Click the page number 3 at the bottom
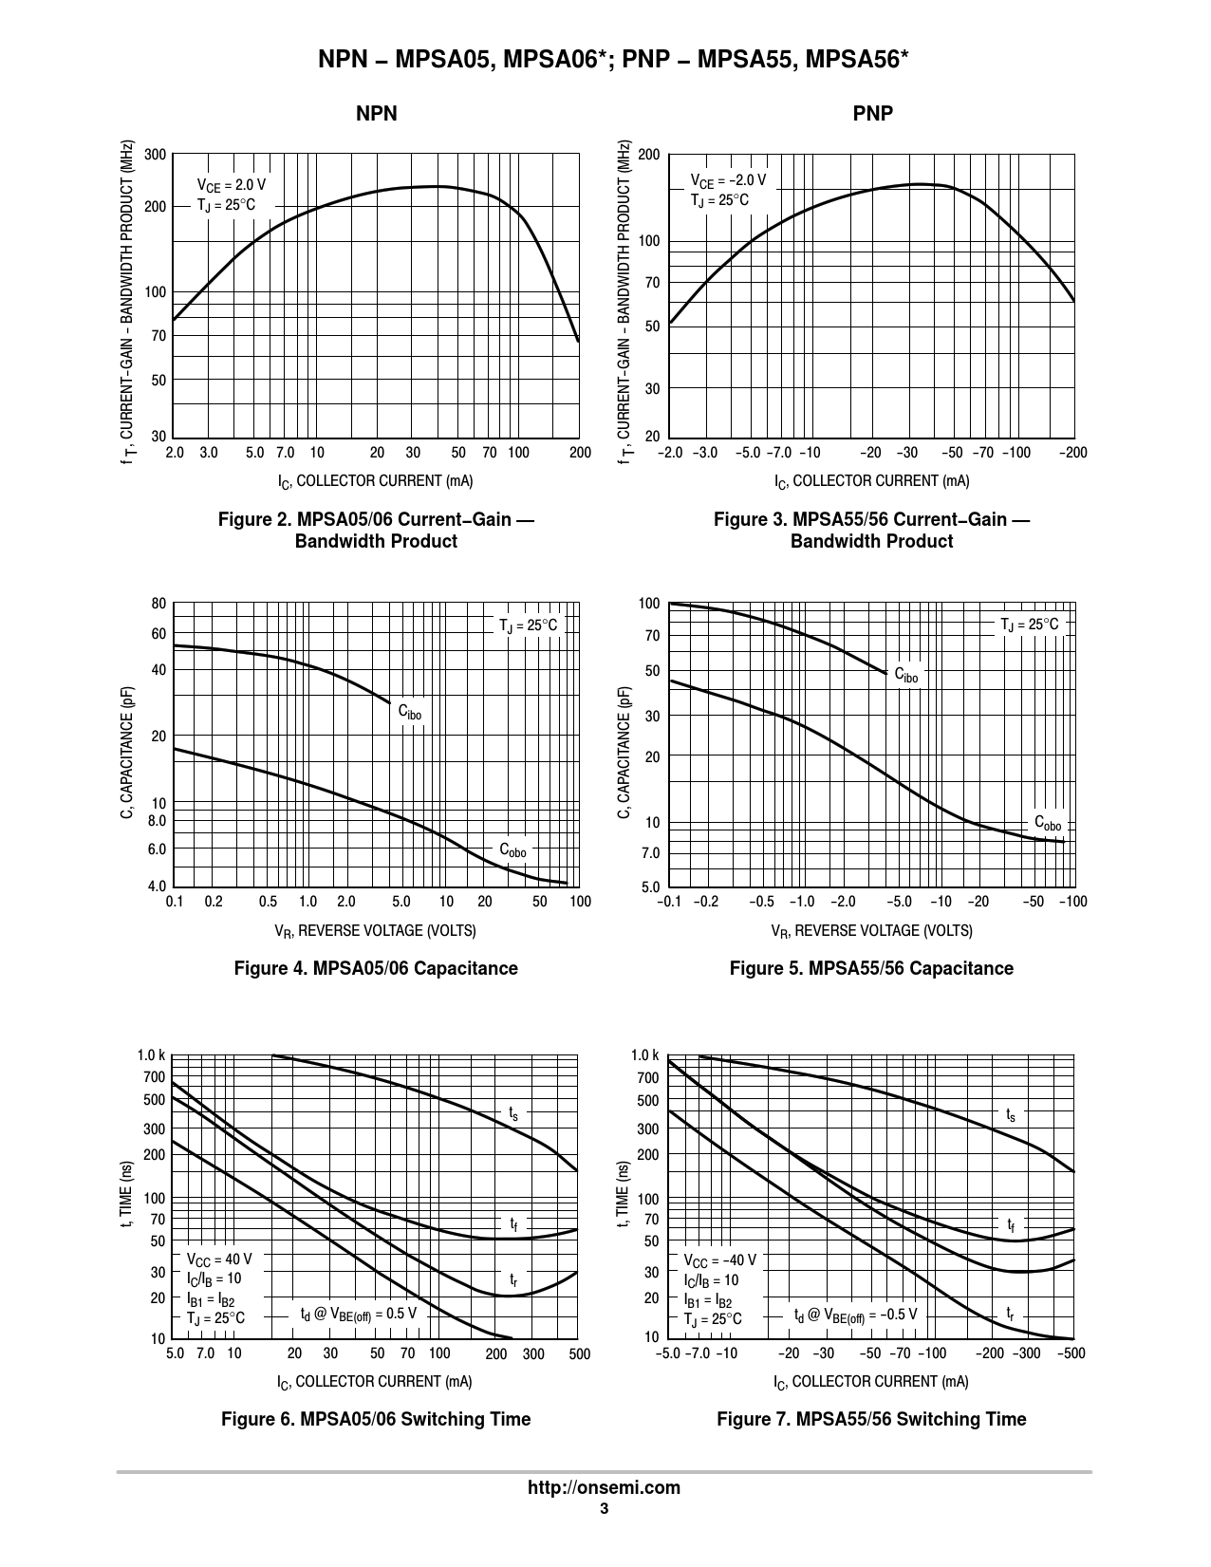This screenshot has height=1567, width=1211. coord(604,1509)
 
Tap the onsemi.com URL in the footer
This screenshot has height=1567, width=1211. coord(604,1487)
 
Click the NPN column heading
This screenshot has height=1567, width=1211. coord(376,114)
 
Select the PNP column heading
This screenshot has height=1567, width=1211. coord(872,114)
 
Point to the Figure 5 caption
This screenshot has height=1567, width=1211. coord(871,968)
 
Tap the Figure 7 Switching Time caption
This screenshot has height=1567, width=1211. coord(871,1419)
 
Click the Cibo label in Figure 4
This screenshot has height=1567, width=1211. coord(409,712)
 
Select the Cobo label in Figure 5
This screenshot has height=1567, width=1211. coord(1048,823)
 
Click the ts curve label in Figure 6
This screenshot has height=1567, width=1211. coord(513,1112)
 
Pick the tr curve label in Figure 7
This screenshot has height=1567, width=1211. coord(1011,1314)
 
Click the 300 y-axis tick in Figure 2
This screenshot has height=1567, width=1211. coord(156,155)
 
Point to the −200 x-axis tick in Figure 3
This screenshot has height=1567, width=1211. coord(1072,453)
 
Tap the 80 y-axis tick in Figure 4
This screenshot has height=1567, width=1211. coord(158,604)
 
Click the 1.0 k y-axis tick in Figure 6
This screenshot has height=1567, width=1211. coord(152,1055)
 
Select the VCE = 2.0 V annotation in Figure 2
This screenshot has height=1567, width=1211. coord(231,185)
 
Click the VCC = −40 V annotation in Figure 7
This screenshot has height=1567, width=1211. coord(720,1260)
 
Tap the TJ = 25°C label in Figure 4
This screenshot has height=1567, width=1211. coord(529,625)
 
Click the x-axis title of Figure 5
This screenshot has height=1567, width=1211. coord(871,930)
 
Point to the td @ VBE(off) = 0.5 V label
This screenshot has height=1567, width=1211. coord(359,1314)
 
